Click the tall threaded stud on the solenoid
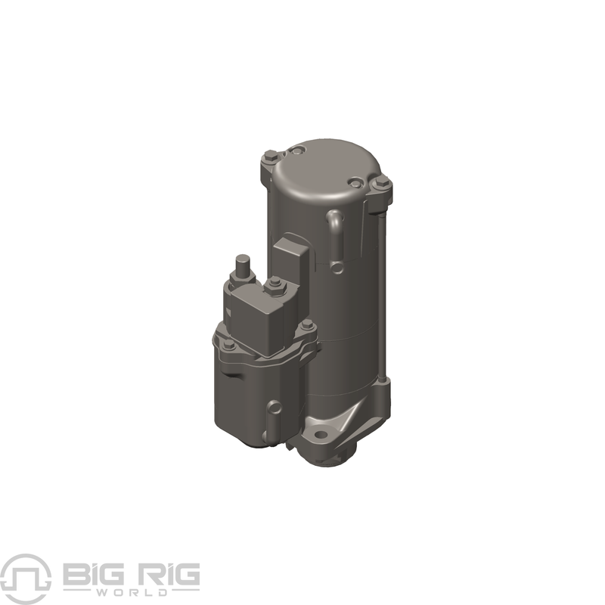point(242,265)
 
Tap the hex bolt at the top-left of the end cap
point(269,157)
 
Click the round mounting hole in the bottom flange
point(320,436)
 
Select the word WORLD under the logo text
point(132,592)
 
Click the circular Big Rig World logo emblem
point(26,579)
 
